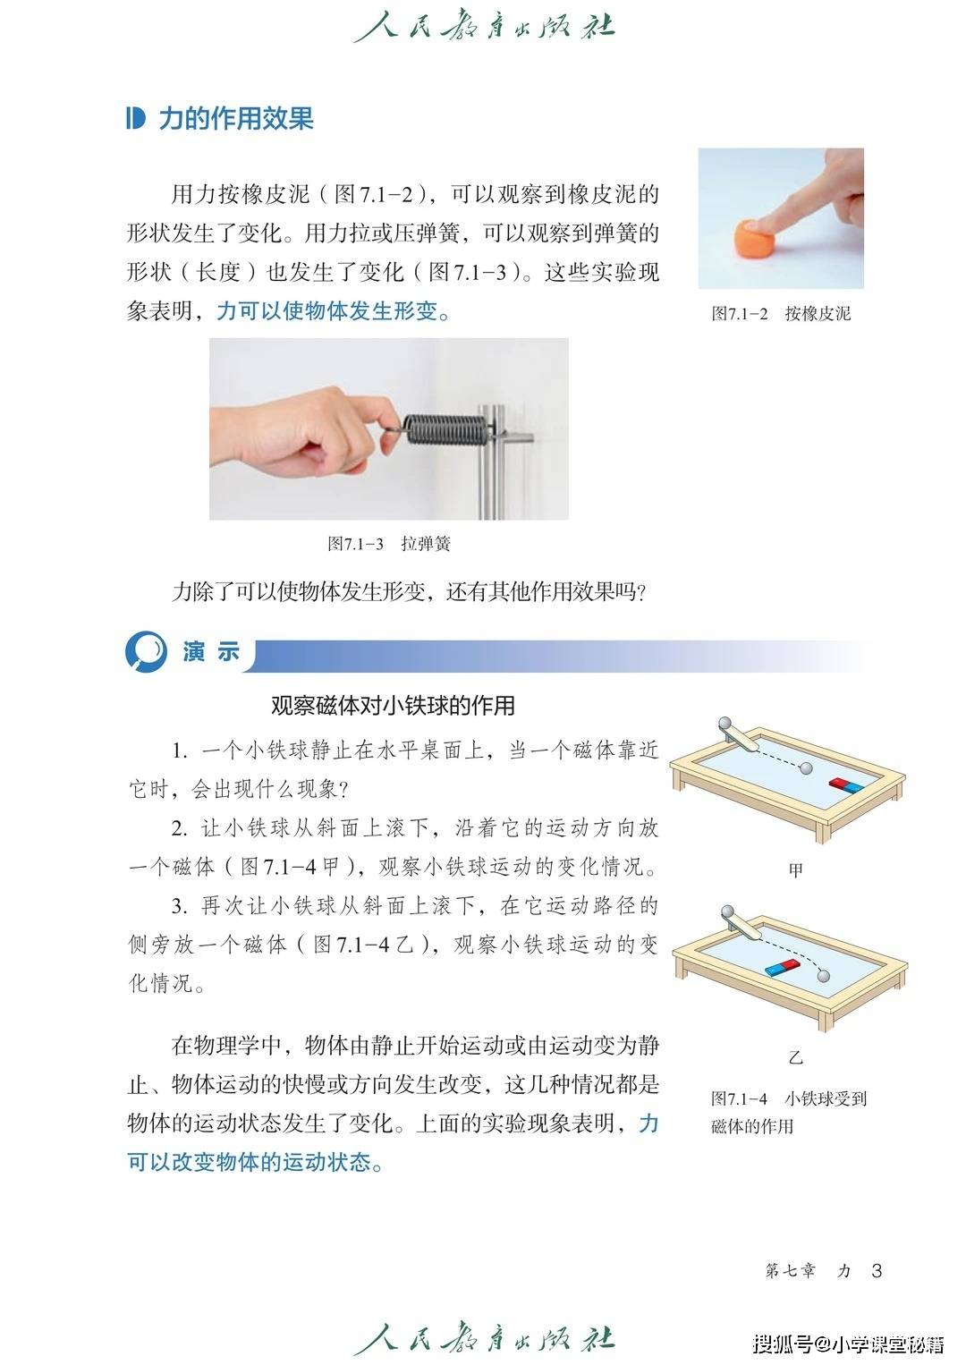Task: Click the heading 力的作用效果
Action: coord(236,118)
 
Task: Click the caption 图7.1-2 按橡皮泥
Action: coord(781,313)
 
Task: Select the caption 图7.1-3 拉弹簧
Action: coord(389,543)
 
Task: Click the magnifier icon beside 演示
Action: coord(147,651)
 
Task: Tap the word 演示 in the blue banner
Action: coord(211,651)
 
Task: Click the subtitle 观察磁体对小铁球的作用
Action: coord(393,706)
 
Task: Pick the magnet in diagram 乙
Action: coord(782,966)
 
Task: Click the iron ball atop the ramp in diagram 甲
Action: coord(725,724)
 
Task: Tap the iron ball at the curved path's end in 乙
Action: coord(824,976)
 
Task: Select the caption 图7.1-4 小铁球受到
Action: coord(789,1098)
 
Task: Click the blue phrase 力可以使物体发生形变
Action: coord(328,310)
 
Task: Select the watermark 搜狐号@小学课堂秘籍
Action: coord(848,1343)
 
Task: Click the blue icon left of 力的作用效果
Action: coord(135,118)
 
